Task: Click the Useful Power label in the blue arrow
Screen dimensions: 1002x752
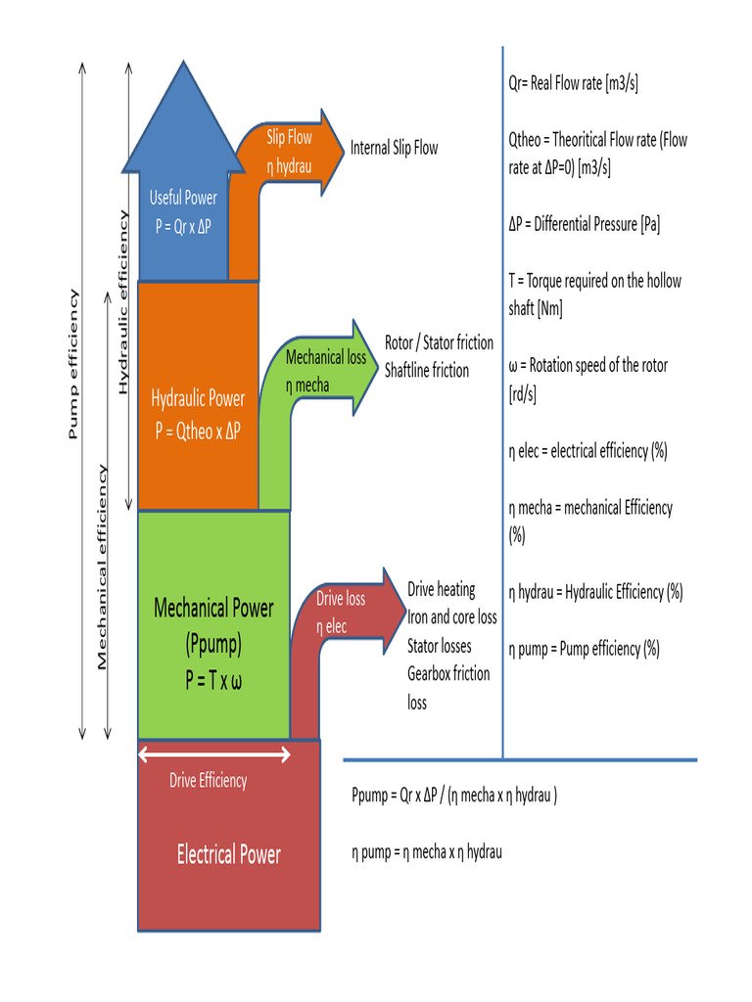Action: click(183, 198)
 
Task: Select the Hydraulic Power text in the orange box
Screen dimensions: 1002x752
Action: click(198, 399)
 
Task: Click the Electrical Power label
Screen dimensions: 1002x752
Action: click(228, 855)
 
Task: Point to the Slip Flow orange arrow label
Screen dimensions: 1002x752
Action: click(289, 138)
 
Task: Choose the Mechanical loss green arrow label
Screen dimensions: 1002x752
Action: click(325, 358)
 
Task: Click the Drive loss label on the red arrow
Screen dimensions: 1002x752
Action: click(341, 599)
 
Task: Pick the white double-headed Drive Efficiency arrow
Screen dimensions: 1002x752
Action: click(214, 753)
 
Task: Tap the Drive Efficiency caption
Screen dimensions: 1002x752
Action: click(208, 781)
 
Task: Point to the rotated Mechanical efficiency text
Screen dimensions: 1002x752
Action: click(102, 568)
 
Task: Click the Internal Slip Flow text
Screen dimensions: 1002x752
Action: click(395, 149)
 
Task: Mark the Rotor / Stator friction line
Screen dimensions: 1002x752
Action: click(439, 343)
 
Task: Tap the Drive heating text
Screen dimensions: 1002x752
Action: click(442, 590)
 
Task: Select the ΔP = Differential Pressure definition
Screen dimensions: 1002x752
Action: click(584, 224)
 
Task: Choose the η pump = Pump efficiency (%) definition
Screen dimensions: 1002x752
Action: click(584, 648)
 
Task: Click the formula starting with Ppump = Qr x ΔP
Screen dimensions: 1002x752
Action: click(454, 796)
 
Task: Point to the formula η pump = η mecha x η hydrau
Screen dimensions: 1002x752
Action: click(427, 852)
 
